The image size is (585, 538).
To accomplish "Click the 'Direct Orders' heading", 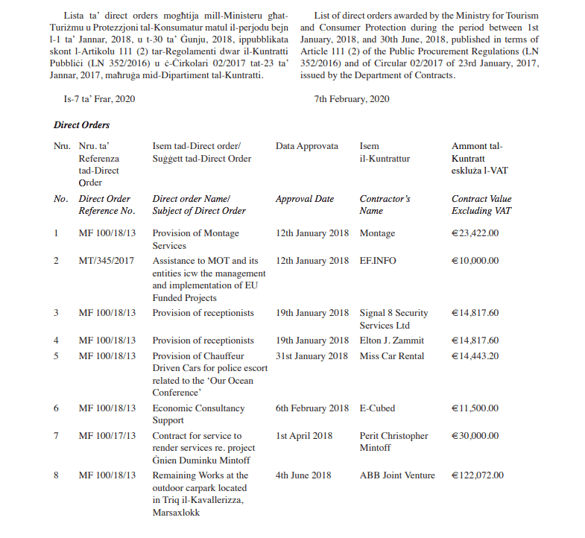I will pyautogui.click(x=82, y=125).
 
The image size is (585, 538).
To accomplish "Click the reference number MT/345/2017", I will pyautogui.click(x=107, y=262).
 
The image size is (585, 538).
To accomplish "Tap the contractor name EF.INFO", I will pyautogui.click(x=378, y=262).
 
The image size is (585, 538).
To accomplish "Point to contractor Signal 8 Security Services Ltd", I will pyautogui.click(x=393, y=319).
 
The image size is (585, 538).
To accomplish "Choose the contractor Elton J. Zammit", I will pyautogui.click(x=391, y=341).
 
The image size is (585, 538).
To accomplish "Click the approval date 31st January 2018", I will pyautogui.click(x=312, y=356).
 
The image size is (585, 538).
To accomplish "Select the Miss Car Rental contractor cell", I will pyautogui.click(x=392, y=356).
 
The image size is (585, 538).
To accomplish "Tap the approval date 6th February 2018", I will pyautogui.click(x=312, y=408).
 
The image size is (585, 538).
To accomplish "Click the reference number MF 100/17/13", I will pyautogui.click(x=107, y=436).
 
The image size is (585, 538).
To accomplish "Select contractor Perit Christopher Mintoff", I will pyautogui.click(x=393, y=442).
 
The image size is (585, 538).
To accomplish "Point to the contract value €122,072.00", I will pyautogui.click(x=478, y=475).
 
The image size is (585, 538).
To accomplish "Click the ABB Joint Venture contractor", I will pyautogui.click(x=397, y=475).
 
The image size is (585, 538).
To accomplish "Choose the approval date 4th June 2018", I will pyautogui.click(x=303, y=475).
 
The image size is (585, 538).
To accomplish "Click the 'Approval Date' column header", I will pyautogui.click(x=305, y=200).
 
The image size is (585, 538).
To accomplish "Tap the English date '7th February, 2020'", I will pyautogui.click(x=352, y=100).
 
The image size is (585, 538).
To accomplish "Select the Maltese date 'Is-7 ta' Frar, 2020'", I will pyautogui.click(x=100, y=100).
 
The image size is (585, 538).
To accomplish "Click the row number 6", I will pyautogui.click(x=57, y=408).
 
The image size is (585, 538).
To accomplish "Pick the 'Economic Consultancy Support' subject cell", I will pyautogui.click(x=198, y=414).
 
